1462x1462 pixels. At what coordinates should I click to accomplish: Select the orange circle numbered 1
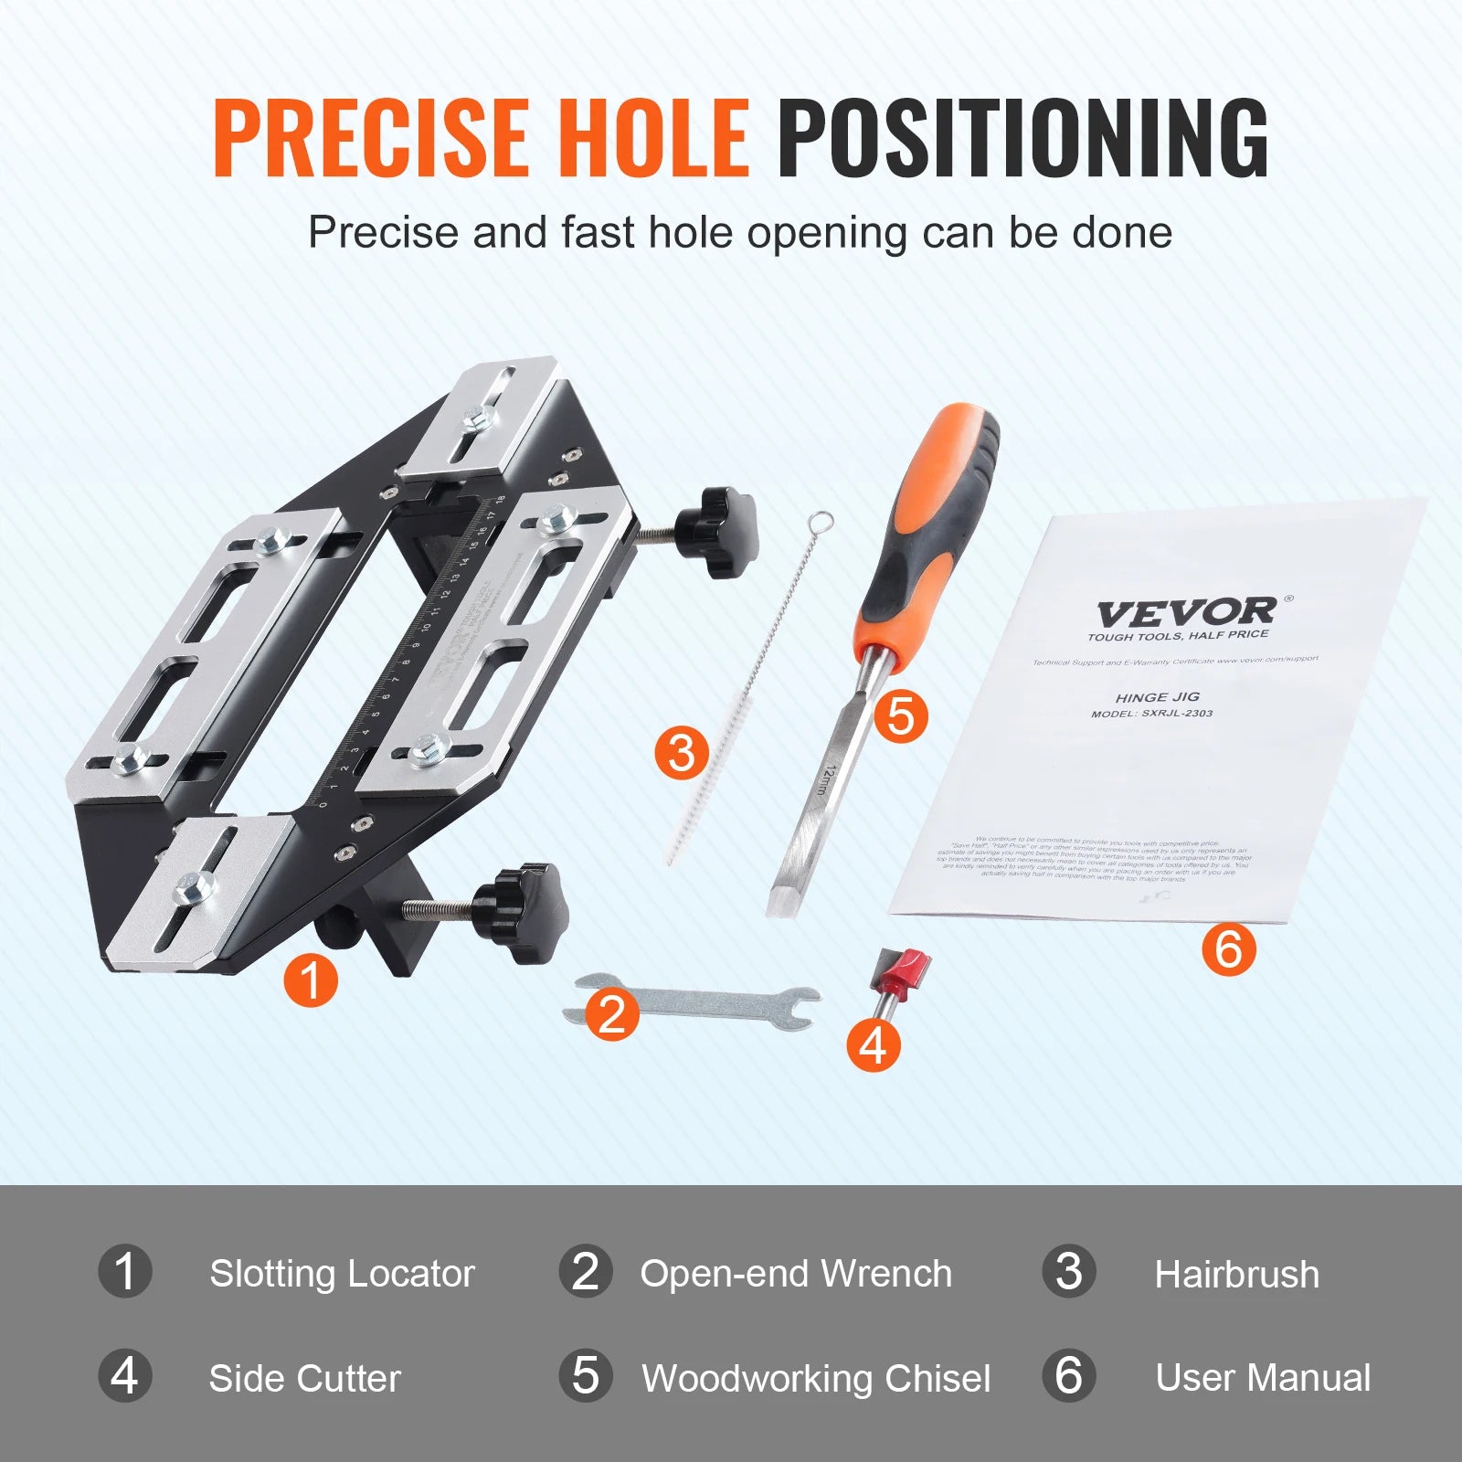[311, 980]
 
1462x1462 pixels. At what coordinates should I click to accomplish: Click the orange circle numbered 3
[682, 753]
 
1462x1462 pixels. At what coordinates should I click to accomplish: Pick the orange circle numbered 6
[1228, 948]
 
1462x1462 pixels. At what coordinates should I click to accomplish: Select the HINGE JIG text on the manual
[1157, 696]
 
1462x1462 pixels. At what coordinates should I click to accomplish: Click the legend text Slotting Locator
[342, 1274]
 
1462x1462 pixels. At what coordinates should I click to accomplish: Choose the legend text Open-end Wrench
[795, 1274]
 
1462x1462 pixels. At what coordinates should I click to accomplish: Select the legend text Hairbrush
[1236, 1274]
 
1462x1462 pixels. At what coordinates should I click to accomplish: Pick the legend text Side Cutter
[304, 1378]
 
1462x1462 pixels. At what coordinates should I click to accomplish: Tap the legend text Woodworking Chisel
[815, 1378]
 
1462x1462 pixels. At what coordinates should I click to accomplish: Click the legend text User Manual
[1262, 1378]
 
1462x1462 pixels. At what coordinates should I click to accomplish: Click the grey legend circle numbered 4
[125, 1376]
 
